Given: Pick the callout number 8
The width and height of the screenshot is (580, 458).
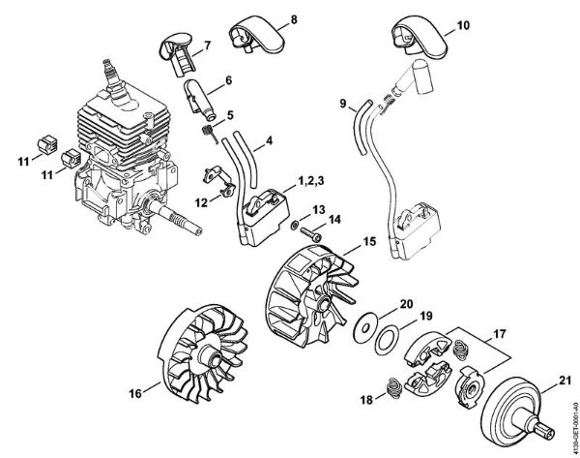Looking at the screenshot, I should pyautogui.click(x=266, y=18).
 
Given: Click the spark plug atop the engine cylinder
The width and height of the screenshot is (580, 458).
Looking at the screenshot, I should pyautogui.click(x=114, y=73).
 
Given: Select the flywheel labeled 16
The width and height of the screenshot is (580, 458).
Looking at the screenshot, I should pyautogui.click(x=202, y=369).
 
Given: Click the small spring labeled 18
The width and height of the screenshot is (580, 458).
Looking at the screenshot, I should pyautogui.click(x=394, y=385).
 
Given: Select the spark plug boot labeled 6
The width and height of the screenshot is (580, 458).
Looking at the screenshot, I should pyautogui.click(x=196, y=95).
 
